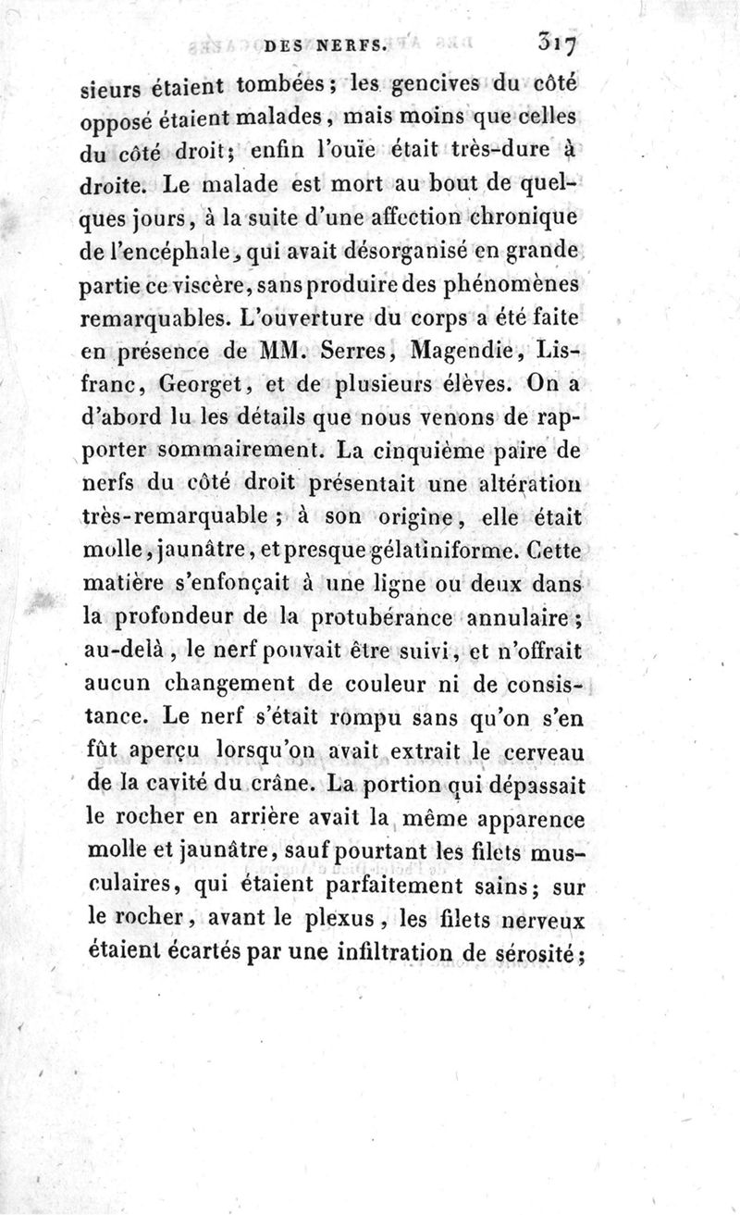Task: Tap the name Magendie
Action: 473,352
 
